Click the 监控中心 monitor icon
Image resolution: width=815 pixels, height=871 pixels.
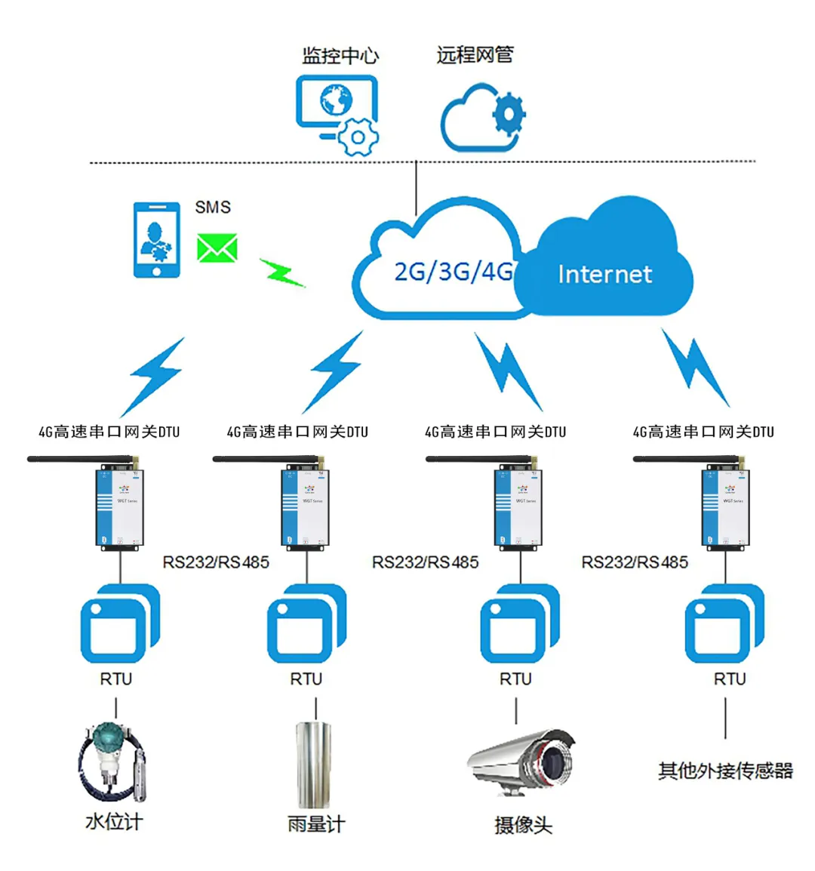(336, 113)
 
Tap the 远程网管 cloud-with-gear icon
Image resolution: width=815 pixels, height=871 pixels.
(482, 118)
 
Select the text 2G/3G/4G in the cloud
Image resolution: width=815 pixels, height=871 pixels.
(453, 272)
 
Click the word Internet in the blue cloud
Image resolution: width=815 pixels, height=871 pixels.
(604, 274)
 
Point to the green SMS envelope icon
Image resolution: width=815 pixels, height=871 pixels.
(217, 248)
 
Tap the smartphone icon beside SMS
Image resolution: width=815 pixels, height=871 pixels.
(157, 240)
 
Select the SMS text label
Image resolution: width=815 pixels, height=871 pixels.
(213, 208)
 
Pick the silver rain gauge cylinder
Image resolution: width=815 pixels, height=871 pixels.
(315, 765)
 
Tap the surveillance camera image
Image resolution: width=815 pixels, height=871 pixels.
(522, 761)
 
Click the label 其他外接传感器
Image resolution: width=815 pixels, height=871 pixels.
(725, 771)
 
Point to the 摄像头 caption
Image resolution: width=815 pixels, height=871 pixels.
(523, 825)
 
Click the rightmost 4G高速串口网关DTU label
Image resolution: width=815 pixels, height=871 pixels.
(703, 432)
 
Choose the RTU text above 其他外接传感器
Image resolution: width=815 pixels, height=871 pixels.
(730, 679)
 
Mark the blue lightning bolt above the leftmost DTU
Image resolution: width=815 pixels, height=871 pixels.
(156, 375)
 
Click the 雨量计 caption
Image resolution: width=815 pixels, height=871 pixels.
(315, 824)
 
